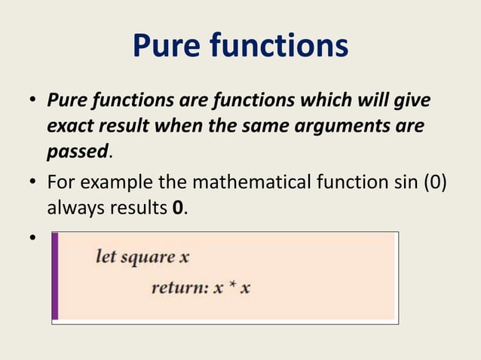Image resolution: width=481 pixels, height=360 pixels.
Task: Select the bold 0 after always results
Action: pyautogui.click(x=176, y=207)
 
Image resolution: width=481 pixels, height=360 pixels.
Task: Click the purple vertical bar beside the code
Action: pyautogui.click(x=54, y=276)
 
